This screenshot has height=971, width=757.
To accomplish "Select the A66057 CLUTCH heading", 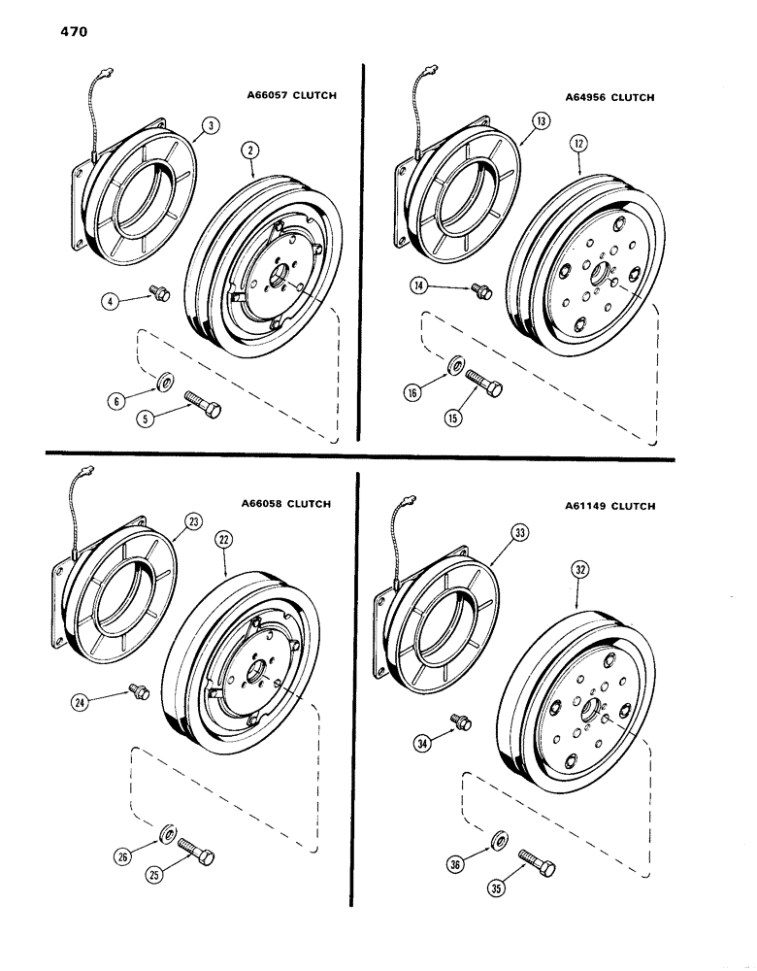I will click(288, 96).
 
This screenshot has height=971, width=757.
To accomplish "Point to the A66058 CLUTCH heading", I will click(287, 504).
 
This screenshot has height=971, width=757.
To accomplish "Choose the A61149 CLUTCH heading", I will click(609, 506).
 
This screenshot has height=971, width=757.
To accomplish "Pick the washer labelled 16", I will click(453, 366).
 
